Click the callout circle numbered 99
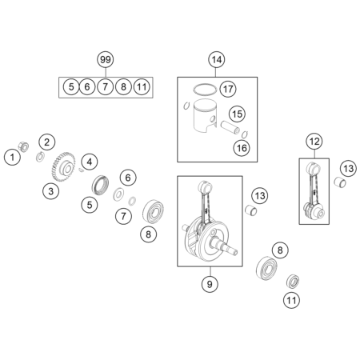(106, 60)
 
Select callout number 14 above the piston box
(216, 60)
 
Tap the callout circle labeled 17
(228, 89)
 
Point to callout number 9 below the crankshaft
(210, 284)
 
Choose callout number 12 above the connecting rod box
(314, 142)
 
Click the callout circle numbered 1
(12, 157)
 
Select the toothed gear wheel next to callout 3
(63, 167)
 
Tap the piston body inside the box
(204, 116)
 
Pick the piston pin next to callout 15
(230, 127)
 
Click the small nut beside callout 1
(23, 147)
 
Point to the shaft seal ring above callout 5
(100, 185)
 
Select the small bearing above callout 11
(293, 281)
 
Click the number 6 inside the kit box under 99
(87, 87)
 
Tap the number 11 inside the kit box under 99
(142, 87)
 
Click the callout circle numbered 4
(90, 162)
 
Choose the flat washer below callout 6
(118, 194)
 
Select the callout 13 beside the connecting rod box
(348, 169)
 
